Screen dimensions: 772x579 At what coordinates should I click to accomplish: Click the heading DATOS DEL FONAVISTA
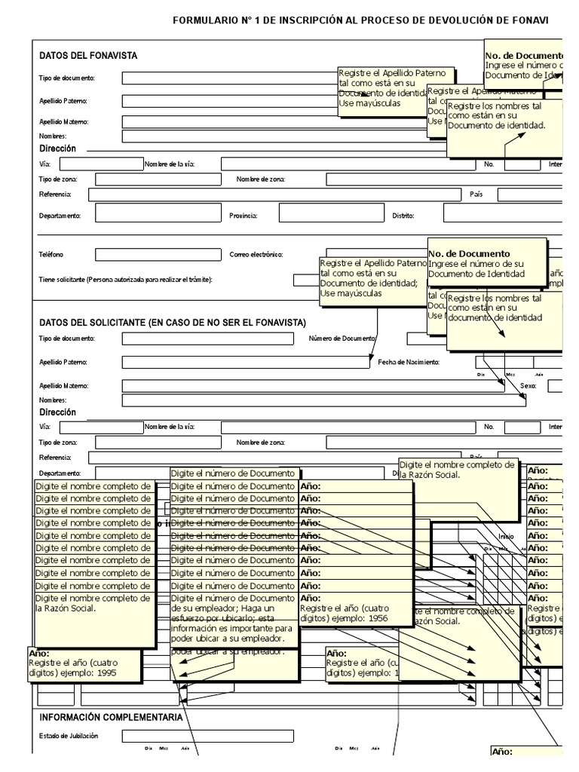click(88, 56)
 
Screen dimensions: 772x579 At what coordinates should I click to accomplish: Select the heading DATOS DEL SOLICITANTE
click(173, 323)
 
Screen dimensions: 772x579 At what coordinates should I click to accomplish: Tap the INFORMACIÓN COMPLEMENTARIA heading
click(111, 717)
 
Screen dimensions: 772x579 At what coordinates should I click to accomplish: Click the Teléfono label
click(51, 255)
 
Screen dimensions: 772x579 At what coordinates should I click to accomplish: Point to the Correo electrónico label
click(256, 255)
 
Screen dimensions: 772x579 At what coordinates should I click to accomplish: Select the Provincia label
click(244, 216)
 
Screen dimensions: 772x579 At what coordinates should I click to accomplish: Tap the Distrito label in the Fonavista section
click(403, 216)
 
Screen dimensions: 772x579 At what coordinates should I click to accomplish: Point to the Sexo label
click(528, 385)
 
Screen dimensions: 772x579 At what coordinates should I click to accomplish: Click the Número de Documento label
click(342, 339)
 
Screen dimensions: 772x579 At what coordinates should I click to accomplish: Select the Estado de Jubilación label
click(69, 736)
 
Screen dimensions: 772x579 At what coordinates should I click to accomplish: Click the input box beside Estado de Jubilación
click(207, 736)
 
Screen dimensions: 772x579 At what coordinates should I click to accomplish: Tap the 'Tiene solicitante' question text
click(125, 280)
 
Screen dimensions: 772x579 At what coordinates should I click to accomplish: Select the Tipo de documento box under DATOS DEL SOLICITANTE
click(207, 339)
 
